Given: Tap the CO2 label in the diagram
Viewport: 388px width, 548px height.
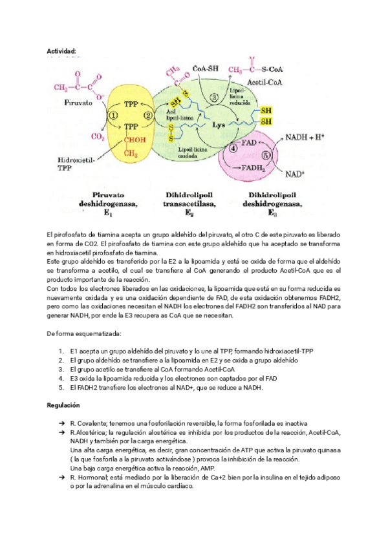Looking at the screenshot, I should (98, 137).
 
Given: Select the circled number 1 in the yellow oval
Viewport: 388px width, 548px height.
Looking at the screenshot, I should (114, 115).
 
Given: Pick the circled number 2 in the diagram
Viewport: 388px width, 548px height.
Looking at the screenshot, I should (148, 115).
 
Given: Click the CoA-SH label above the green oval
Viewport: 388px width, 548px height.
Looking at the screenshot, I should (206, 69).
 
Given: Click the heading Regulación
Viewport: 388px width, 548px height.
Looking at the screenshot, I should (63, 405).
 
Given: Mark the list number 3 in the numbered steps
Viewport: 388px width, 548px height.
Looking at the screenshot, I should (60, 369).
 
